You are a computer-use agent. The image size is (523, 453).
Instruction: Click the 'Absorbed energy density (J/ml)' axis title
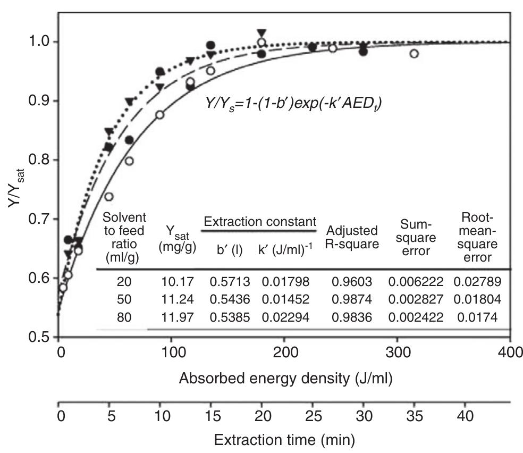286,379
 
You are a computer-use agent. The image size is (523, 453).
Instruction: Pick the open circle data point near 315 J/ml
414,54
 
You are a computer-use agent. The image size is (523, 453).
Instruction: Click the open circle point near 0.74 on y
109,197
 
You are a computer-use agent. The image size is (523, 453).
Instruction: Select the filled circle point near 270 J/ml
363,52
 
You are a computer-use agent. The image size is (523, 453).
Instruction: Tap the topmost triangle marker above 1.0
260,32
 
